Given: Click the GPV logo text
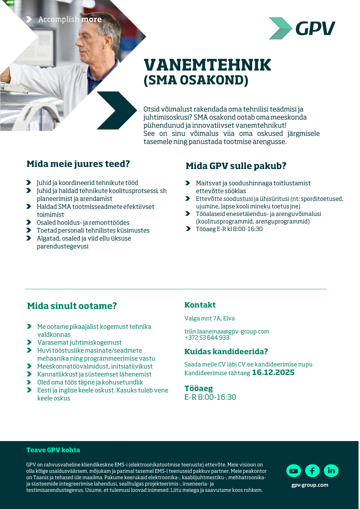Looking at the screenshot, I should pos(315,28).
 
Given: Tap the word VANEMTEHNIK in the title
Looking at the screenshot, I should pos(207,65).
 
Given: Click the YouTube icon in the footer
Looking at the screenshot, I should pos(294,471).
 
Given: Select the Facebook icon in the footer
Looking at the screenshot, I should pos(312,471).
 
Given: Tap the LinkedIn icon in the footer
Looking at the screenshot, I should pos(331,471).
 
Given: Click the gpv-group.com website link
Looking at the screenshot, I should pos(310,485).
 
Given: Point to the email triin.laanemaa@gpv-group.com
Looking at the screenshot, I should pos(227,331).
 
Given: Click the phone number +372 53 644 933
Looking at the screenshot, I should pos(207,337).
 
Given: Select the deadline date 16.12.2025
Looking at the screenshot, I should pos(273,373).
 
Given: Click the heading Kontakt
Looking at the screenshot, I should pos(200,305).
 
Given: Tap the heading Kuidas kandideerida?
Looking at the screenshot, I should pos(226,352).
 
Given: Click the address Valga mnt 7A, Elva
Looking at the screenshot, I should pos(210,318).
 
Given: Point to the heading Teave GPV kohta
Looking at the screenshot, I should pos(53,450).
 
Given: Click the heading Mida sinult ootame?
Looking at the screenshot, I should pos(72,306).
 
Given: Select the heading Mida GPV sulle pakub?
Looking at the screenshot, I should pos(236,166).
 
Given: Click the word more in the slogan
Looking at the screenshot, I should pos(91,19).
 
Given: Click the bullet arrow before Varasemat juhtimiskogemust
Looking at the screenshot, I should pos(29,342).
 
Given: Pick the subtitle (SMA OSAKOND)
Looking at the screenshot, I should pos(196,80).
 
